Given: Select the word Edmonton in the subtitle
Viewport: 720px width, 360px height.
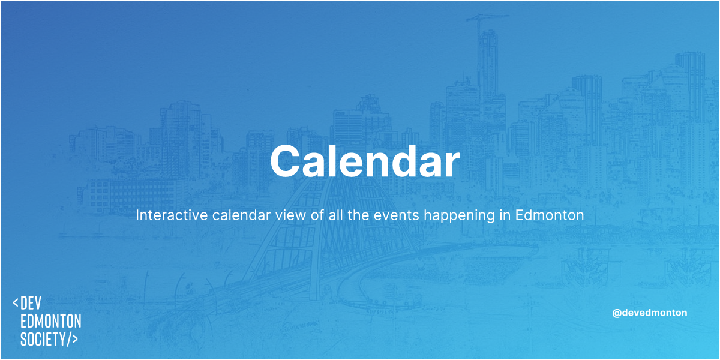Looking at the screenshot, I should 550,215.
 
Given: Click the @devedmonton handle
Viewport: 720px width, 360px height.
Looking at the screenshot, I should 649,313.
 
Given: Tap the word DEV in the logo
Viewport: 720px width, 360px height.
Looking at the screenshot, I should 31,303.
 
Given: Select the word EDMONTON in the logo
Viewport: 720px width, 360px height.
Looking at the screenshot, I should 50,321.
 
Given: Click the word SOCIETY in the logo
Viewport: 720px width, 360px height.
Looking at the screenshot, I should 42,338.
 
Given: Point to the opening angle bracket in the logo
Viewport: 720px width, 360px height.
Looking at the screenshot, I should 16,303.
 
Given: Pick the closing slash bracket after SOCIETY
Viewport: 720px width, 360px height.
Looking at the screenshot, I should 71,338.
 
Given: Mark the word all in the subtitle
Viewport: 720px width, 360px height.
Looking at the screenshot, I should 335,215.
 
